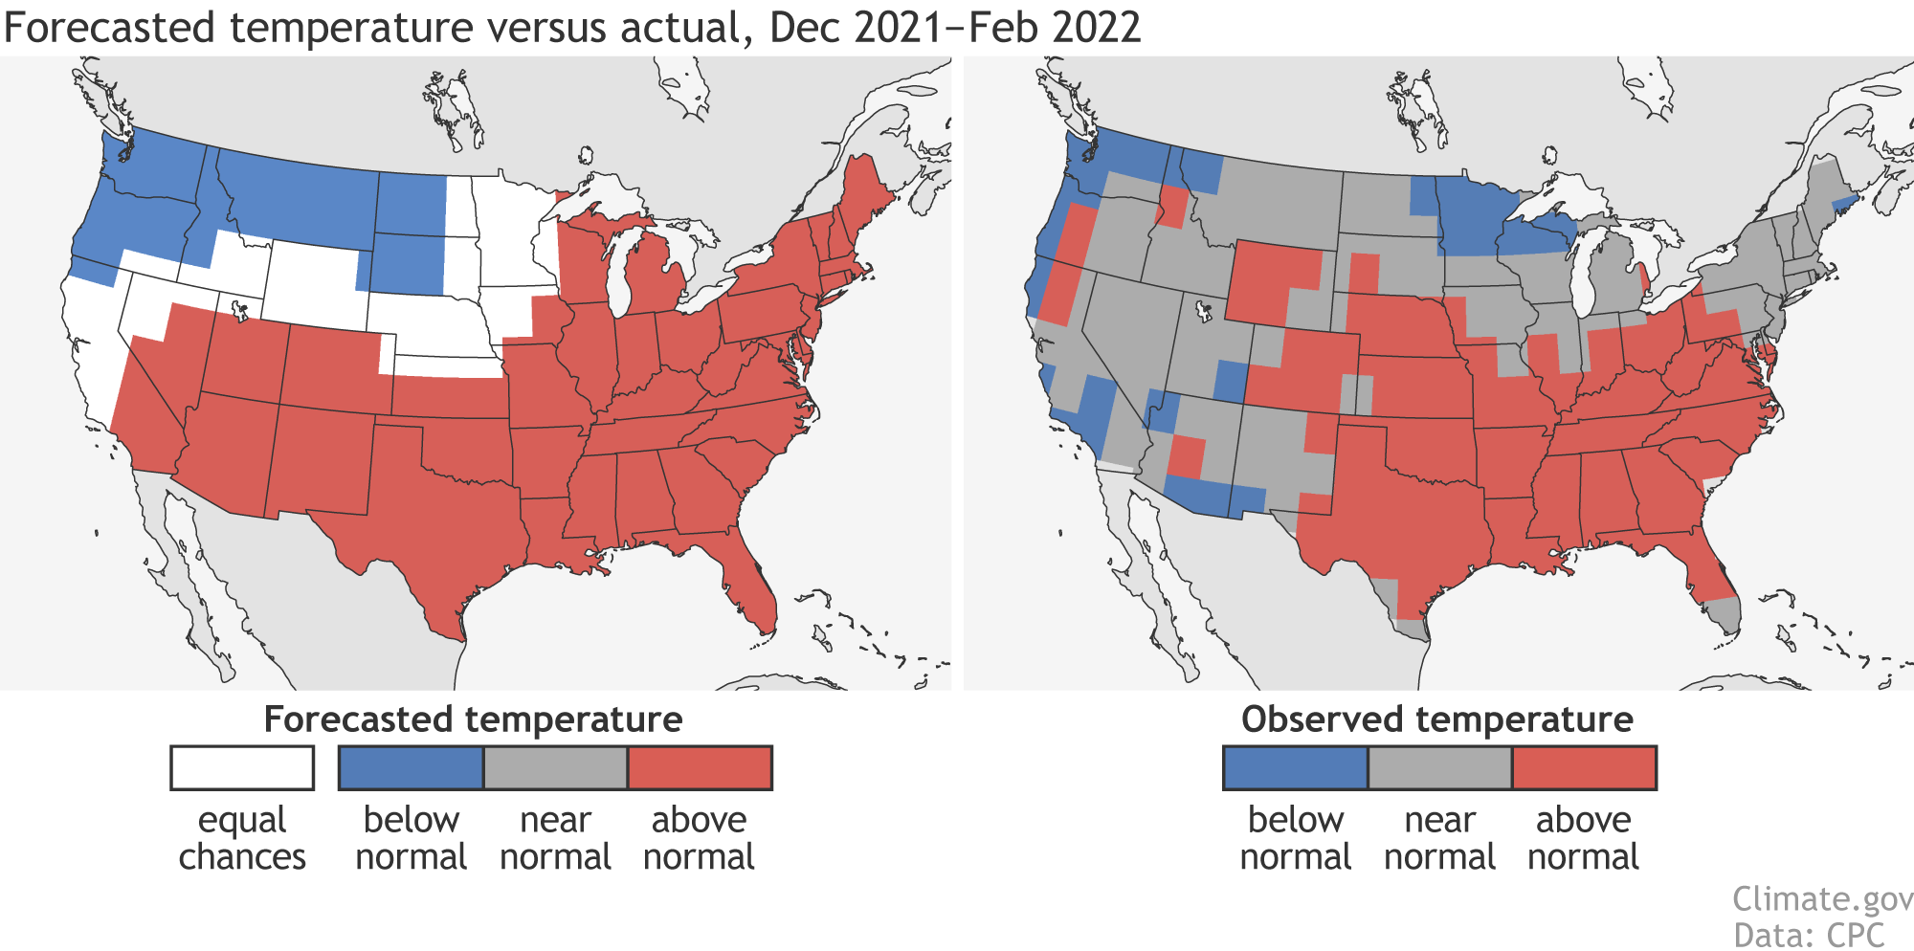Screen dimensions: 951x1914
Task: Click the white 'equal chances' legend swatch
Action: (242, 767)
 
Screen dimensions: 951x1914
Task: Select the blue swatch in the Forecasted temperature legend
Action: (411, 767)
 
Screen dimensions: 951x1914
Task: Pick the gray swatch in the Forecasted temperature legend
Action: (555, 767)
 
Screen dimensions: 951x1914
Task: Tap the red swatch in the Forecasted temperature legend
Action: (700, 767)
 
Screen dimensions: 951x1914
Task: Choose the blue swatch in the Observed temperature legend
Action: (1296, 767)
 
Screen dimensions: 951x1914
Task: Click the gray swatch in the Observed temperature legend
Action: (1440, 767)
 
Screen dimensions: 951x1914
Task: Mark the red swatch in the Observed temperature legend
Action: (1585, 767)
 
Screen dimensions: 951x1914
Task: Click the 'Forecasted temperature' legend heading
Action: (473, 719)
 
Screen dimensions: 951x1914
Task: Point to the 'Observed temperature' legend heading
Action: (1436, 719)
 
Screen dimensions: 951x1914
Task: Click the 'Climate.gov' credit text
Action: (1822, 899)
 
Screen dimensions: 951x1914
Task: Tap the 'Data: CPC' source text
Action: (1809, 935)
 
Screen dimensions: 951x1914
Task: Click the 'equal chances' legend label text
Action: (242, 838)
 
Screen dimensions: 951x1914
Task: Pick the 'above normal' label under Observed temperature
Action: (1584, 838)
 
